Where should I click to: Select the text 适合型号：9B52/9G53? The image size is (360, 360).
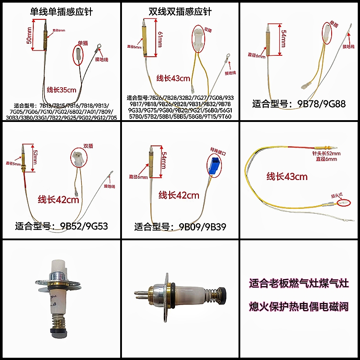click(62, 226)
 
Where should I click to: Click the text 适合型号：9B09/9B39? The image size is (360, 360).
click(180, 226)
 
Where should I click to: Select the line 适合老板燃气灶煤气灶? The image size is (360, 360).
click(299, 284)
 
